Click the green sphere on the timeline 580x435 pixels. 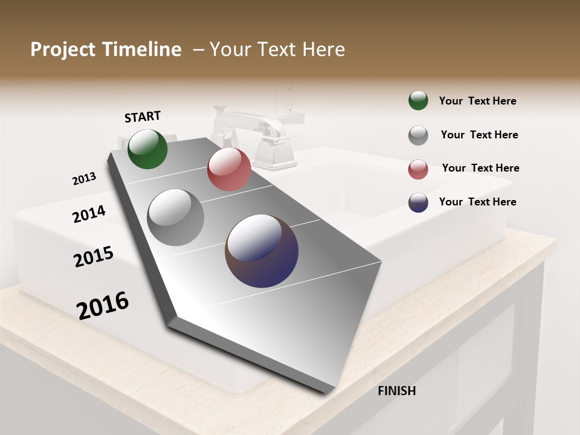pyautogui.click(x=147, y=149)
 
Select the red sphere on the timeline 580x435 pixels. pyautogui.click(x=229, y=169)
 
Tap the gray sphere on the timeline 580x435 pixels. pyautogui.click(x=176, y=217)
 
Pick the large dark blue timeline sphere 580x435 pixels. pyautogui.click(x=262, y=251)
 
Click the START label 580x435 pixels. pyautogui.click(x=143, y=117)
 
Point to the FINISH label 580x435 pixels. pyautogui.click(x=397, y=391)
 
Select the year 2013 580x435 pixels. pyautogui.click(x=84, y=179)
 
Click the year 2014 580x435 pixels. pyautogui.click(x=89, y=214)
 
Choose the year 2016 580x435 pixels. pyautogui.click(x=103, y=305)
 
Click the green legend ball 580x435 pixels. pyautogui.click(x=418, y=100)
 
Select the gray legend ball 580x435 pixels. pyautogui.click(x=418, y=135)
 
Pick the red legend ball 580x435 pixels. pyautogui.click(x=418, y=169)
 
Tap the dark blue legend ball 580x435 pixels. pyautogui.click(x=418, y=202)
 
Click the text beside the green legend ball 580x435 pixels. pyautogui.click(x=477, y=101)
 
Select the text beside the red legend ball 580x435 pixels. pyautogui.click(x=480, y=168)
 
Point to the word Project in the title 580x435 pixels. pyautogui.click(x=63, y=50)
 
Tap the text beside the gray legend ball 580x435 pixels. pyautogui.click(x=479, y=135)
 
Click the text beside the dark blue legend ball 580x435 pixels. pyautogui.click(x=477, y=202)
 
